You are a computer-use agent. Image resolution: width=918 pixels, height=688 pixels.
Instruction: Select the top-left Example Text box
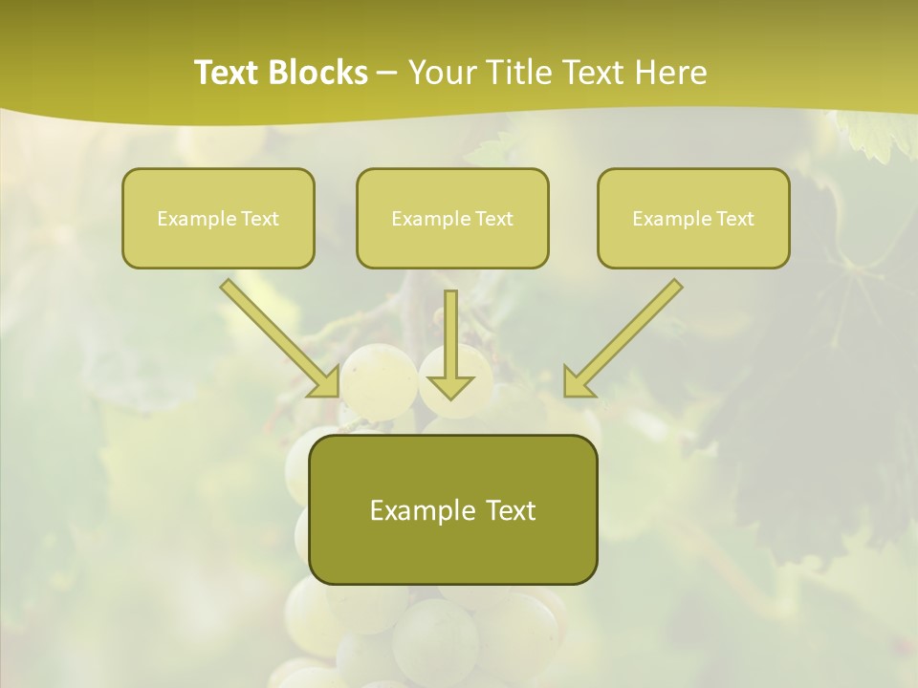pos(218,218)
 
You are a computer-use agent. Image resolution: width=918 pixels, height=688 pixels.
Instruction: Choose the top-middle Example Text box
pos(452,218)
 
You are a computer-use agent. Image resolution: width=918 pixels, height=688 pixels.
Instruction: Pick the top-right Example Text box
pos(693,218)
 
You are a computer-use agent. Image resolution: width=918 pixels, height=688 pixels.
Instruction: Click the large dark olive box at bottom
pos(452,509)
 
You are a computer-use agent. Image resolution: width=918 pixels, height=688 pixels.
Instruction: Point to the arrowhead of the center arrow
pos(450,386)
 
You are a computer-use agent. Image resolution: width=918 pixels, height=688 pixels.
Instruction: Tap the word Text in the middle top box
pos(493,218)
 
